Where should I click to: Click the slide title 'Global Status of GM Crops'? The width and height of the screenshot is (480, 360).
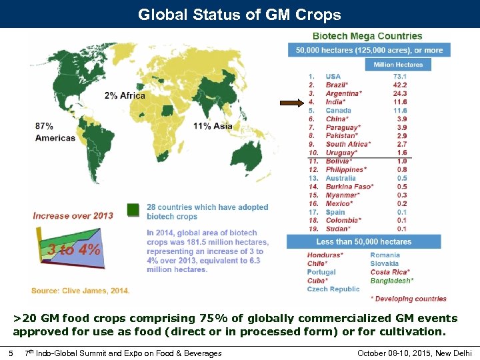tap(239, 15)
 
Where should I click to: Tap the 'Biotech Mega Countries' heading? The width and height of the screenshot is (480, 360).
tap(367, 36)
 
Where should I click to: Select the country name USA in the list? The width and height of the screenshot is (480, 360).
tap(333, 77)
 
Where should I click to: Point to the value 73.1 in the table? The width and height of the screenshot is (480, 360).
tap(400, 77)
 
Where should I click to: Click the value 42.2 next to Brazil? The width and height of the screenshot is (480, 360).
tap(400, 85)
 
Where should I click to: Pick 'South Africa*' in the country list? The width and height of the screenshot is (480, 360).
tap(348, 144)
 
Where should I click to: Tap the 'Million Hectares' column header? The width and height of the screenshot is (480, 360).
tap(398, 64)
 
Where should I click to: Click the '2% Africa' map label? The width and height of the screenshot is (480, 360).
tap(125, 95)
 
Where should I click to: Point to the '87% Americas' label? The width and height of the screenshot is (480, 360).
tap(55, 131)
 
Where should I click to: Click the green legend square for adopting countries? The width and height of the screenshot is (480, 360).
tap(134, 210)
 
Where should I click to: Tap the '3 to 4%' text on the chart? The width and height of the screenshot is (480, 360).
tap(74, 250)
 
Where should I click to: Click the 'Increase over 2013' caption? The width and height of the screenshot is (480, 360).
tap(73, 215)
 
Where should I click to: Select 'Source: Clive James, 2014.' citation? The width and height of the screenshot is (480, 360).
tap(80, 290)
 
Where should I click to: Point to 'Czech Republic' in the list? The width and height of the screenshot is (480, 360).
tap(333, 289)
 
